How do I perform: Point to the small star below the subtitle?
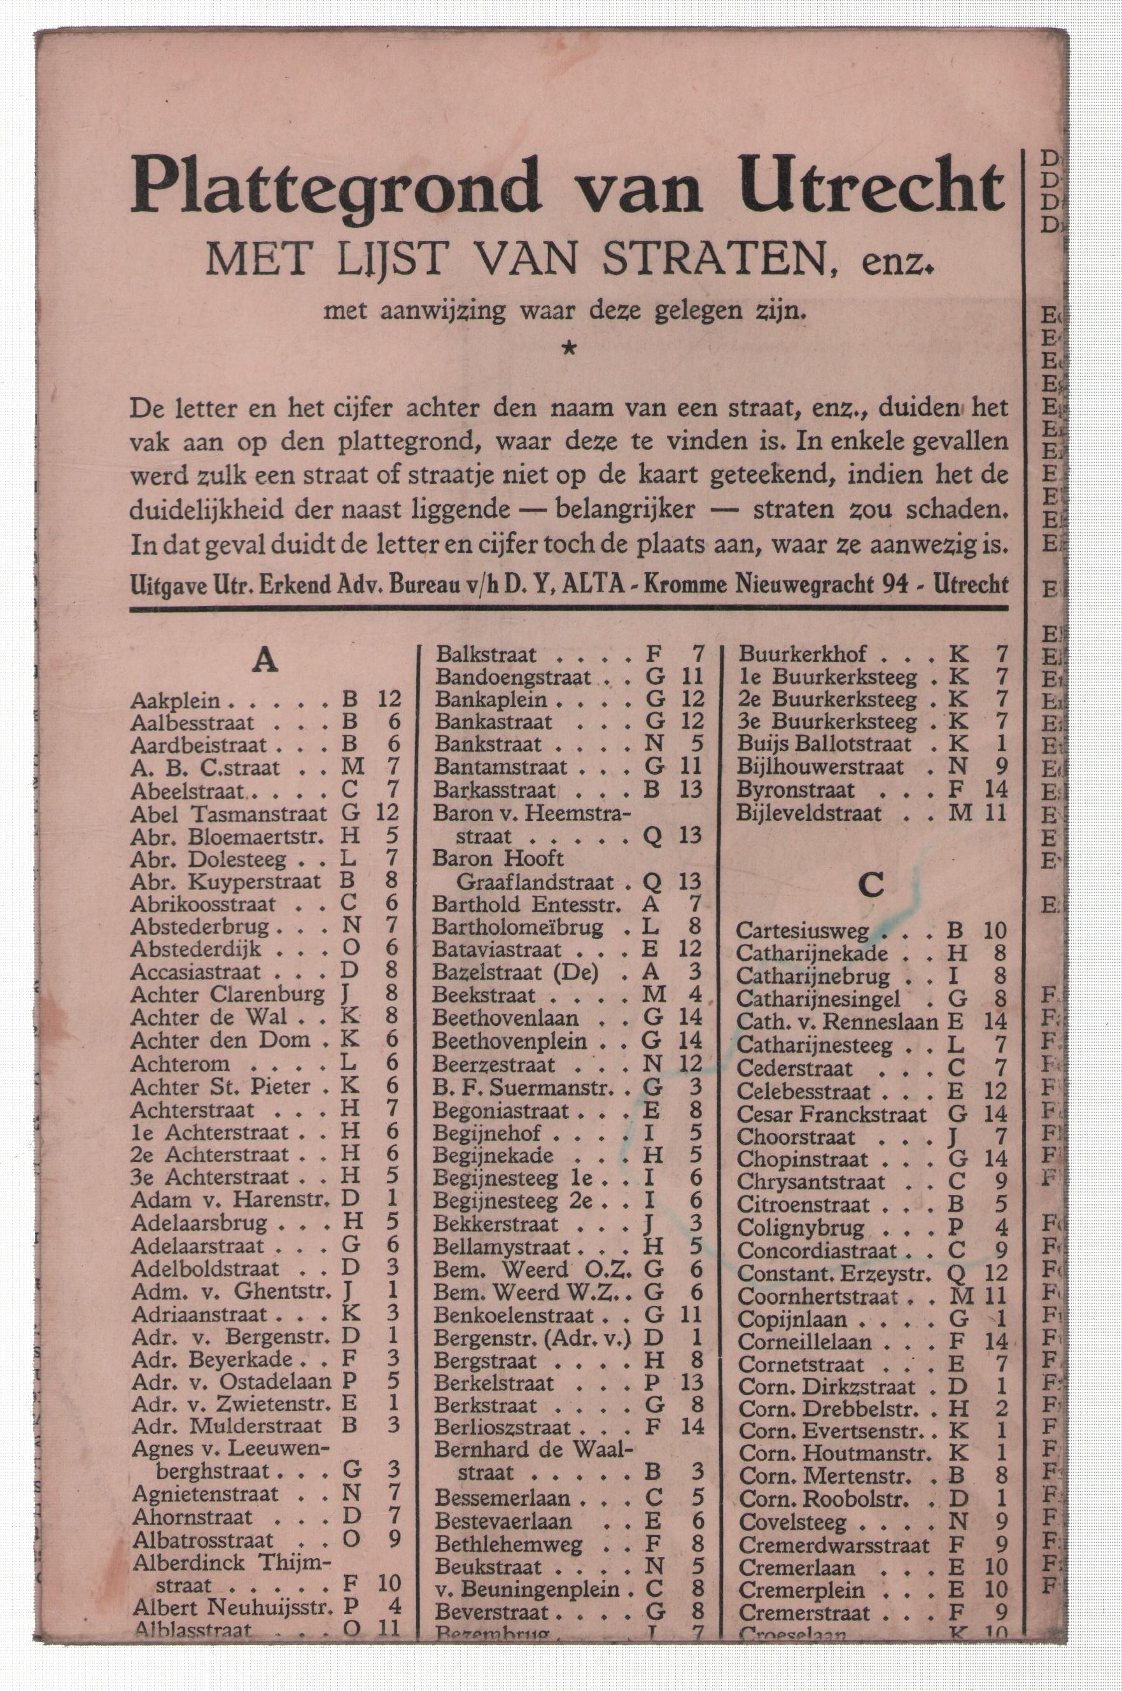point(569,349)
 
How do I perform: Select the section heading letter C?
point(870,886)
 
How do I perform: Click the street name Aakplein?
point(174,701)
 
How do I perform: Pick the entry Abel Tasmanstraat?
point(228,813)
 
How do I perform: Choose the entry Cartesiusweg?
point(801,931)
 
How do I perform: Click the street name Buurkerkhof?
point(802,654)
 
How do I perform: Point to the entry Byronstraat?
point(796,790)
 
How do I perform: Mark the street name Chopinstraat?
point(801,1160)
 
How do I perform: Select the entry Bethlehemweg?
point(508,1544)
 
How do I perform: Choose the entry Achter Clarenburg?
point(227,995)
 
